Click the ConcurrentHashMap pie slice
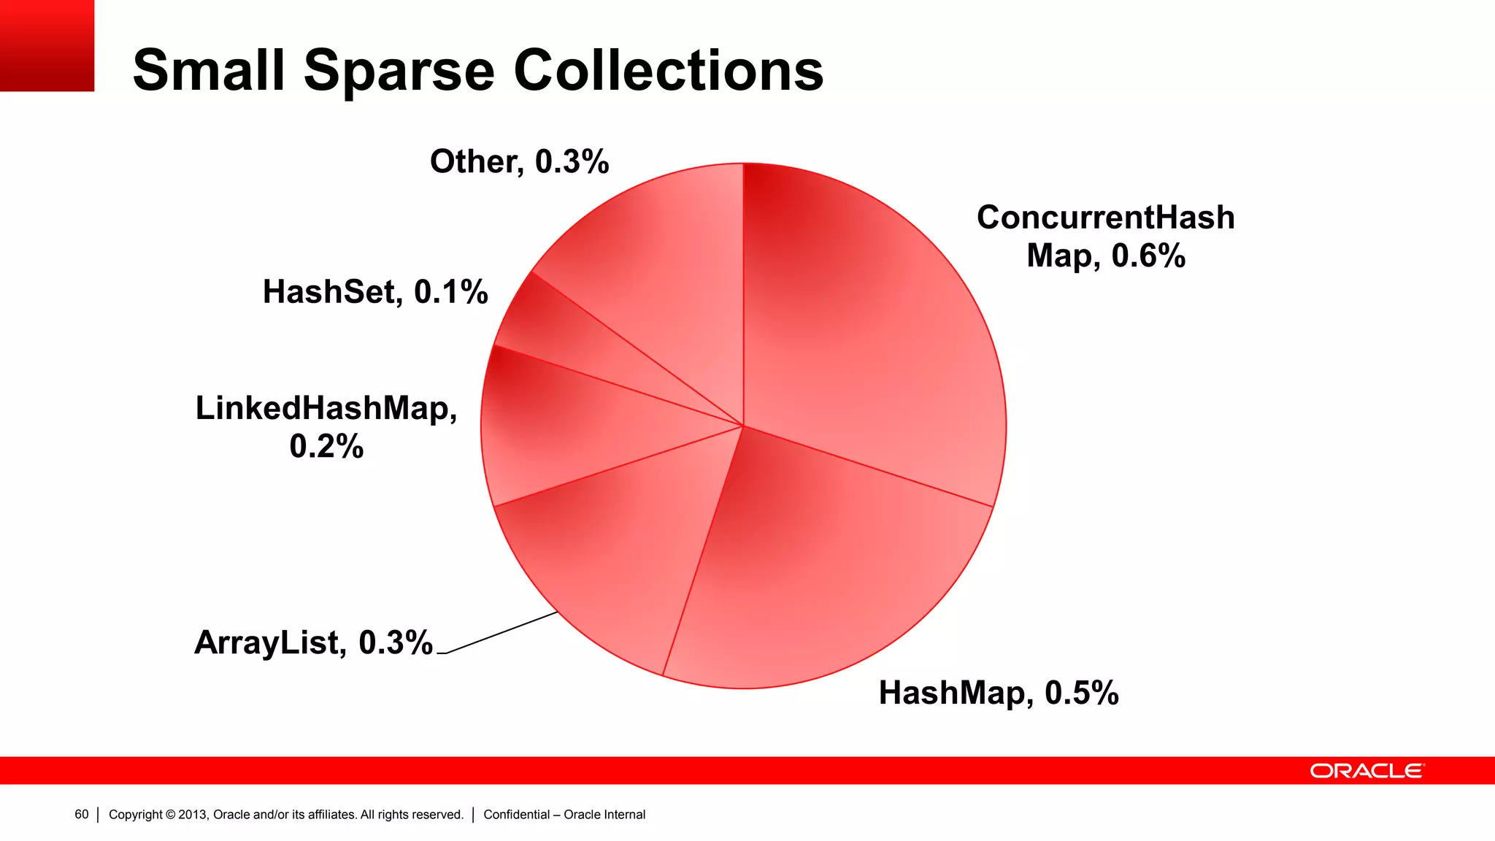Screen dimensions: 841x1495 pyautogui.click(x=876, y=329)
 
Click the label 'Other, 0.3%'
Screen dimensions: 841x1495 pyautogui.click(x=519, y=161)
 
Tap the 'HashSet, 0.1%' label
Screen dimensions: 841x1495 pyautogui.click(x=375, y=292)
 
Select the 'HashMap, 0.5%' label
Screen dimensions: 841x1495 pyautogui.click(x=998, y=693)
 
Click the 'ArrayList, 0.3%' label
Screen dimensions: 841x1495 pyautogui.click(x=313, y=642)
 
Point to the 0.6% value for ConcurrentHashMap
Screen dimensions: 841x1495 pyautogui.click(x=1148, y=256)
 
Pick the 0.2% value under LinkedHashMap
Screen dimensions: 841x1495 pyautogui.click(x=326, y=446)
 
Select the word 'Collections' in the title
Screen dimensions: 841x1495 pyautogui.click(x=668, y=71)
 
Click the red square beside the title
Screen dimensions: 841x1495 pyautogui.click(x=47, y=45)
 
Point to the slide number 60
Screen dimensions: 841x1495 pyautogui.click(x=81, y=815)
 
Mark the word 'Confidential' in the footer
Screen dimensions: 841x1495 pyautogui.click(x=516, y=815)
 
